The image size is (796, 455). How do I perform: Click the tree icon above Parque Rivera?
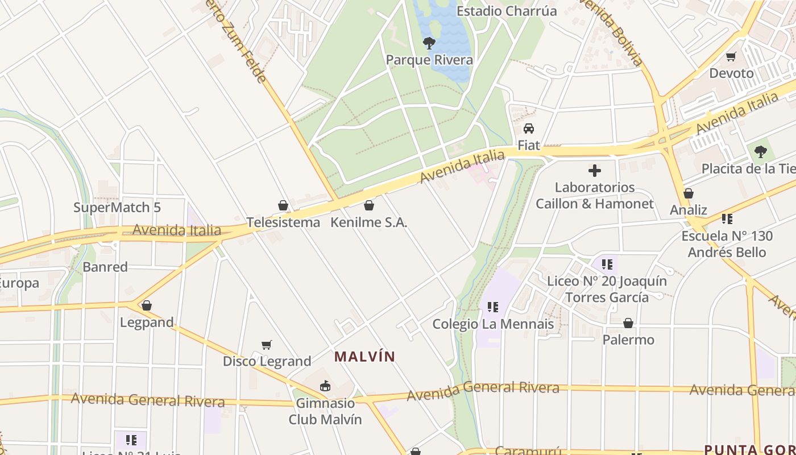click(x=429, y=43)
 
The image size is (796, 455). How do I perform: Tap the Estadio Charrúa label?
click(x=499, y=11)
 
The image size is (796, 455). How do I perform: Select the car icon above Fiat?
click(x=529, y=129)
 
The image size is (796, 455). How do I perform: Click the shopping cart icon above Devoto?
click(x=731, y=56)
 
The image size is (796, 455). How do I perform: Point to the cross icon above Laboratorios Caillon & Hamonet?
click(x=595, y=170)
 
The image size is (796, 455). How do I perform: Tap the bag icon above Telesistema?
click(x=283, y=205)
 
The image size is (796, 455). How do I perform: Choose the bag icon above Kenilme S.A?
click(x=369, y=205)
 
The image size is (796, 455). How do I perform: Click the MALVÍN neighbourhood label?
click(x=364, y=357)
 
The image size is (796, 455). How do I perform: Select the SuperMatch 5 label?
click(x=117, y=208)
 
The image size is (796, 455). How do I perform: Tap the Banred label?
click(x=105, y=267)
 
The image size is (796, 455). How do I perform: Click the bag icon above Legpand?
click(x=147, y=305)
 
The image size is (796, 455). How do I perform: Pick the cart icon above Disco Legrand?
click(x=267, y=345)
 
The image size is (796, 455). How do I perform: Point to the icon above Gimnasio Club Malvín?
click(x=325, y=386)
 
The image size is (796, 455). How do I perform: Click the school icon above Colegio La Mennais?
click(x=493, y=307)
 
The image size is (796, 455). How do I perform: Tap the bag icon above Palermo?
click(x=628, y=323)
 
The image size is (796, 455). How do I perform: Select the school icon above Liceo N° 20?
click(x=607, y=264)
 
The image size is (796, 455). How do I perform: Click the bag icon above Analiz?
click(x=689, y=193)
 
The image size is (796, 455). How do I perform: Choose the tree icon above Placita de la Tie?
click(x=760, y=152)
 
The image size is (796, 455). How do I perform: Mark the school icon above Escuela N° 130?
click(x=727, y=218)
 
